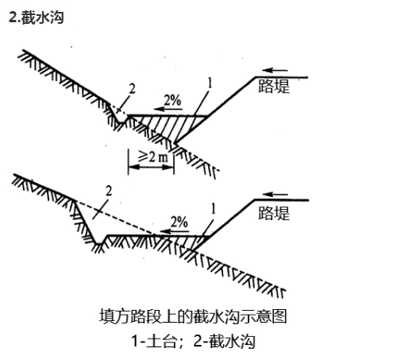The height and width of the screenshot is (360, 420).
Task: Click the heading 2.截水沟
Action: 37,17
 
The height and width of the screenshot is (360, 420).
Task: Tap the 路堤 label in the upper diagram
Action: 274,86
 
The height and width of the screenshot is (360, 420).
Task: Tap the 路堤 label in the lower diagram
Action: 274,213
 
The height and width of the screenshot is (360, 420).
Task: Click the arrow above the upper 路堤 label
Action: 275,71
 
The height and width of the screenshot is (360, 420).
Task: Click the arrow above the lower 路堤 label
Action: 275,195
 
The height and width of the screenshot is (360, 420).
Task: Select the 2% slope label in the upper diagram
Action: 172,100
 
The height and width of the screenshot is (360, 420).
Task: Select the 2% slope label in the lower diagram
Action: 179,223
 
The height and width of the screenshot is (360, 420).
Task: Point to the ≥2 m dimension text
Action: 153,157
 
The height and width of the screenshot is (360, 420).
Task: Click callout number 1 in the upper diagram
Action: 210,83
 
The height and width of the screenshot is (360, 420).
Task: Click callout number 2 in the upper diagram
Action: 132,89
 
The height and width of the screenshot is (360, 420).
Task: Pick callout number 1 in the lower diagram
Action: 214,209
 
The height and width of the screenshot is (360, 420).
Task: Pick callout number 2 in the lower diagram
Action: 109,192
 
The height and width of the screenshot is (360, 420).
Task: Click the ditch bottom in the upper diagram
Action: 121,122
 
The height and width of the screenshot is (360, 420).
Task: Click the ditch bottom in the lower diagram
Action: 99,244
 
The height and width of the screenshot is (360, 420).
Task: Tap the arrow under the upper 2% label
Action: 168,109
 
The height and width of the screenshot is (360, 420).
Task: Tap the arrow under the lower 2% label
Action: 175,231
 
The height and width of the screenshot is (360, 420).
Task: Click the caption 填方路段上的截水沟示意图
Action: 193,316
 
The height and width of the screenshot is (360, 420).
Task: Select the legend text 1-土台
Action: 155,341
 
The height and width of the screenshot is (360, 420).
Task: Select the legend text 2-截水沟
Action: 224,341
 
